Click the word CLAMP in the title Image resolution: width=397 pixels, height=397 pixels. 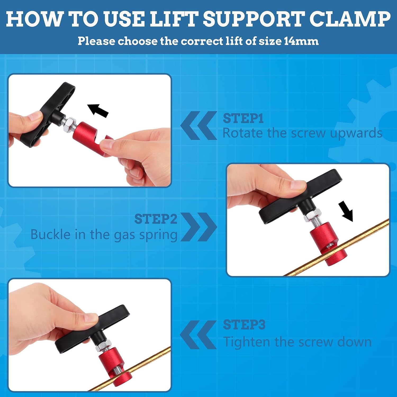tap(350, 19)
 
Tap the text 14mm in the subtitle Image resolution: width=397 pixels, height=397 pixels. tap(301, 41)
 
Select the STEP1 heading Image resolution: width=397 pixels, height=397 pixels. tap(243, 118)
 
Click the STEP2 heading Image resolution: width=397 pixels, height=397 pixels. tap(156, 219)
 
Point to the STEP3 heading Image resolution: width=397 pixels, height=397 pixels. tap(244, 325)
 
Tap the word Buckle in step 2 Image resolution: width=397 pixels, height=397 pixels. tap(50, 234)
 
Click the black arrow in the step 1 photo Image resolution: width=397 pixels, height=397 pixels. tap(98, 110)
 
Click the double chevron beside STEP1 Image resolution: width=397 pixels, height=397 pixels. tap(198, 125)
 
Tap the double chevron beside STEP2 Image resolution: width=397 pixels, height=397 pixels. tap(199, 227)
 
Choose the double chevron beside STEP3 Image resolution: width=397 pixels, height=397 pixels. tap(198, 335)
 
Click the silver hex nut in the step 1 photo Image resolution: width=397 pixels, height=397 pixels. tap(69, 124)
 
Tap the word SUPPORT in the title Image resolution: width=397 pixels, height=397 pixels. tap(252, 19)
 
